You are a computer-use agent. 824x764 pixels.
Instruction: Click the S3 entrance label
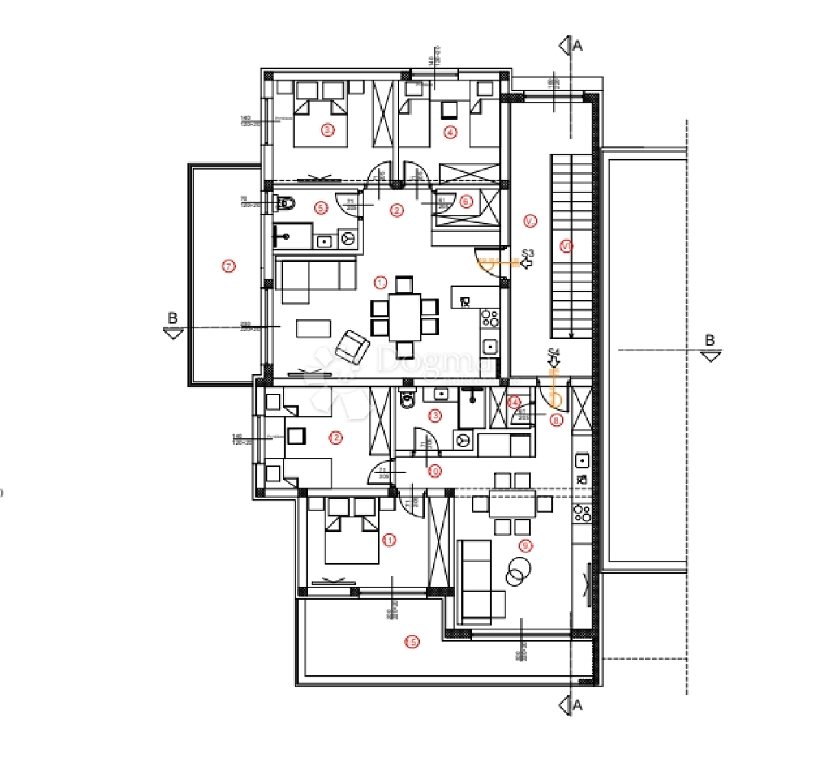527,254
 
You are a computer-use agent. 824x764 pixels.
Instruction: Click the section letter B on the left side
173,318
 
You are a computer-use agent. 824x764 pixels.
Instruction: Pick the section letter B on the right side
710,341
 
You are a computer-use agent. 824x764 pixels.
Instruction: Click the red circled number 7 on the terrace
229,266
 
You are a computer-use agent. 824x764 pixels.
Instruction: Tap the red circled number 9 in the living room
527,546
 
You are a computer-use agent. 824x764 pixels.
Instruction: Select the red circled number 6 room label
466,201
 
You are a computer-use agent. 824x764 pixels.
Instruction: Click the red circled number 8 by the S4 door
556,420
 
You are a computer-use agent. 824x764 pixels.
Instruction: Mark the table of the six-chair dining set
404,316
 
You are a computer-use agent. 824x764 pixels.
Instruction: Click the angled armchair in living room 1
353,346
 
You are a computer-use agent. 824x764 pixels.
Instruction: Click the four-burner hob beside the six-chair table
490,318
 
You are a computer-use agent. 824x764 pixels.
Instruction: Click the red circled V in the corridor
529,221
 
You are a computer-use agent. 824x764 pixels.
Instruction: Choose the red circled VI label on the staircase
566,246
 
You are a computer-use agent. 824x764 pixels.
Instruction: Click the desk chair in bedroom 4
450,110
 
